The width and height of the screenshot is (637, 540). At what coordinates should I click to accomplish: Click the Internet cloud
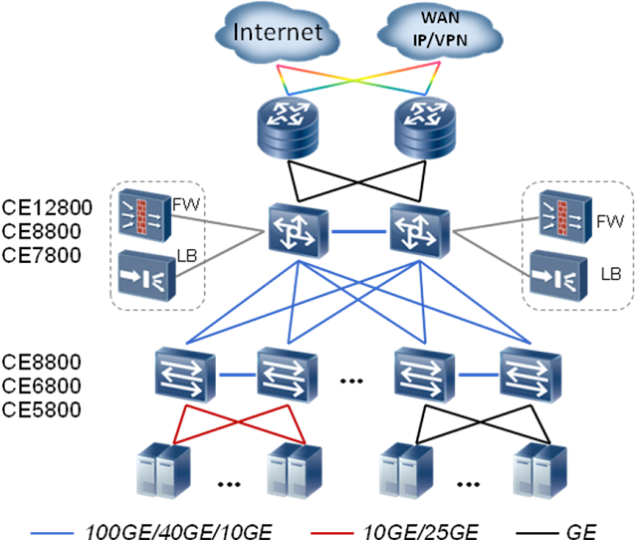[277, 32]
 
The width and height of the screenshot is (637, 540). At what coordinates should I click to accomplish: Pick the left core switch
[298, 232]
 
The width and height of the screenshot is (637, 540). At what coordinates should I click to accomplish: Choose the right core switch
[419, 232]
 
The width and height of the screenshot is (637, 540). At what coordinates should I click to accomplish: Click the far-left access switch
[184, 376]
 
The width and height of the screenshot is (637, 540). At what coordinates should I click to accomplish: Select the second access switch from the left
[287, 376]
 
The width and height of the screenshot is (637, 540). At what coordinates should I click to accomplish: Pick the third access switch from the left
[423, 376]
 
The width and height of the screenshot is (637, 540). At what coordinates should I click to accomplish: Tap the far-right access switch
[529, 376]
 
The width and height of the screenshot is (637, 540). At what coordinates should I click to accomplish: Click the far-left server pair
[162, 471]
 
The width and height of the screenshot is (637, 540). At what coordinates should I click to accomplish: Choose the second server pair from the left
[291, 471]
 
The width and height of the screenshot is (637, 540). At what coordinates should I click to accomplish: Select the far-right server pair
[538, 471]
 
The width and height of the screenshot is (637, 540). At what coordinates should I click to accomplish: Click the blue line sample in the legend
[52, 533]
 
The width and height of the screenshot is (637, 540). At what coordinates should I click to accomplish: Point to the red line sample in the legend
[331, 533]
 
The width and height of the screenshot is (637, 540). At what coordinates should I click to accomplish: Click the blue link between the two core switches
[358, 232]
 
